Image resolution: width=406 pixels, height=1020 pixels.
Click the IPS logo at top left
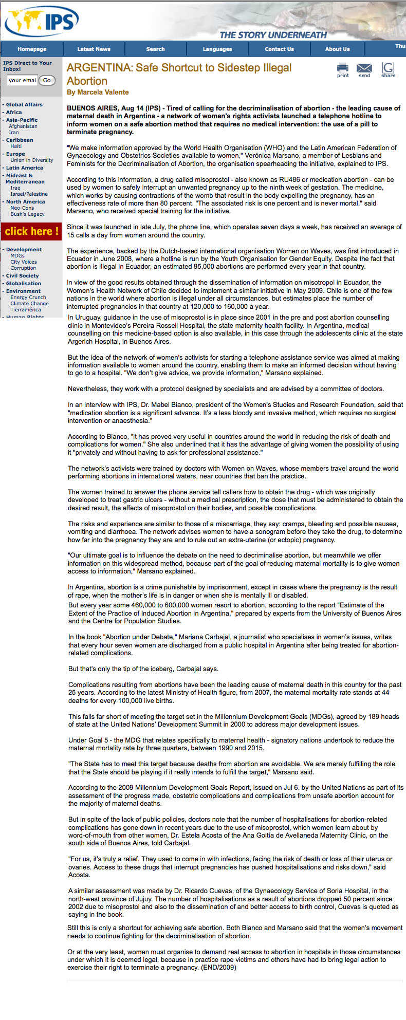click(x=41, y=21)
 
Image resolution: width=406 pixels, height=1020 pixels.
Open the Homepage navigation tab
click(x=32, y=49)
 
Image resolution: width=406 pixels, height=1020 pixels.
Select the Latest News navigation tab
click(x=94, y=49)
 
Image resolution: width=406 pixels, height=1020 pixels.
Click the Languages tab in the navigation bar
click(x=217, y=49)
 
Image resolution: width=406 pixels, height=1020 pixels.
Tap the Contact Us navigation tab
click(x=279, y=49)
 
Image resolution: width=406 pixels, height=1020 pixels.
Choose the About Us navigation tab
click(x=337, y=49)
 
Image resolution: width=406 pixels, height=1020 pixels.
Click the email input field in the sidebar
click(x=22, y=80)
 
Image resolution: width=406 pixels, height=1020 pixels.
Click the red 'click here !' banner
click(x=31, y=231)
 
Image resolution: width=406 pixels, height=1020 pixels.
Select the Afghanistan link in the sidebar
click(x=23, y=126)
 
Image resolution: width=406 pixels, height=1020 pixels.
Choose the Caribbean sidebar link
click(x=20, y=140)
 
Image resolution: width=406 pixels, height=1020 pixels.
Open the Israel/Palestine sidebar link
click(x=29, y=194)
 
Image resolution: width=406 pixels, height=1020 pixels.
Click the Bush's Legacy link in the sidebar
click(x=27, y=214)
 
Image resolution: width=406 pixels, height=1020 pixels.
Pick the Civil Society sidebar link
click(x=22, y=276)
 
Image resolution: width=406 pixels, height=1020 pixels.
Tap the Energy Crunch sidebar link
click(x=28, y=298)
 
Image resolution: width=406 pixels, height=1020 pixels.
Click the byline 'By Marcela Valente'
click(x=98, y=92)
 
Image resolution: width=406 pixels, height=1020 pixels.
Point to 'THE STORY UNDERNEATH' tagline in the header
click(x=273, y=35)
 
